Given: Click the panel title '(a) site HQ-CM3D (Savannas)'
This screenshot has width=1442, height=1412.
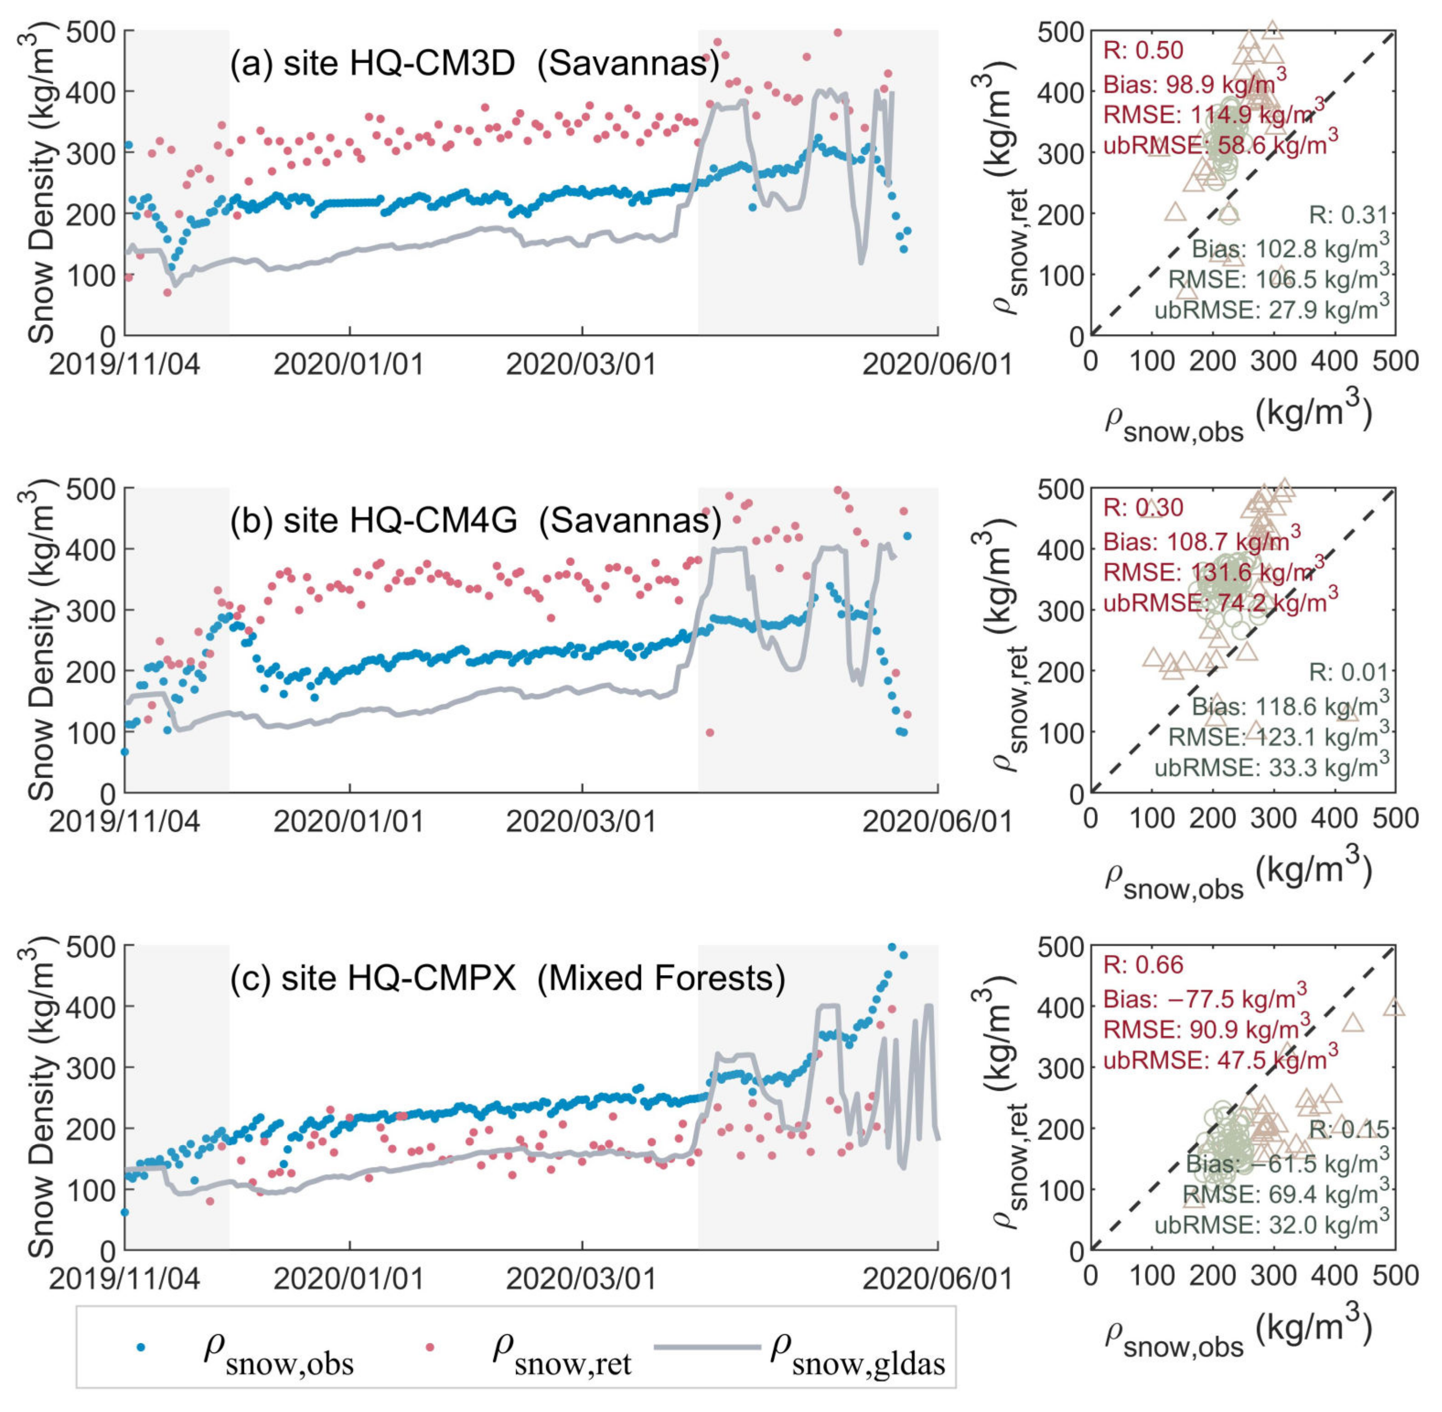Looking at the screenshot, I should (474, 64).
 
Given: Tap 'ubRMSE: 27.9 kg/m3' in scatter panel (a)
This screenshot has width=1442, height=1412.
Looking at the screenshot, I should (1271, 308).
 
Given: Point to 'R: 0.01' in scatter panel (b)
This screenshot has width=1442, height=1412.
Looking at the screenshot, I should (1347, 673).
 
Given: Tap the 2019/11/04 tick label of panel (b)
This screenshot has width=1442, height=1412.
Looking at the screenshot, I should (124, 822).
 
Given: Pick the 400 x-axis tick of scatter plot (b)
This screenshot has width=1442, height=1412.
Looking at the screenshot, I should (1334, 819).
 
